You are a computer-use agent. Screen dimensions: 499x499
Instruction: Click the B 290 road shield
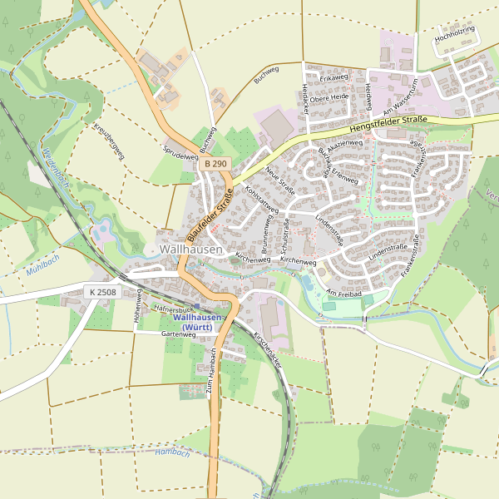coord(215,165)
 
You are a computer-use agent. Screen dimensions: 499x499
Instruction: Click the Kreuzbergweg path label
coord(109,141)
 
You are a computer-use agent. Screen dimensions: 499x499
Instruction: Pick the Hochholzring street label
coord(455,36)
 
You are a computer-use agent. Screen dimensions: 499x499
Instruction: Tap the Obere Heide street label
coord(329,96)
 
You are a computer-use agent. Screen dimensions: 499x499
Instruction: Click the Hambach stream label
coord(172,452)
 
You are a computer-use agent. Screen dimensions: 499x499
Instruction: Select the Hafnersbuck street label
coord(174,309)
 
